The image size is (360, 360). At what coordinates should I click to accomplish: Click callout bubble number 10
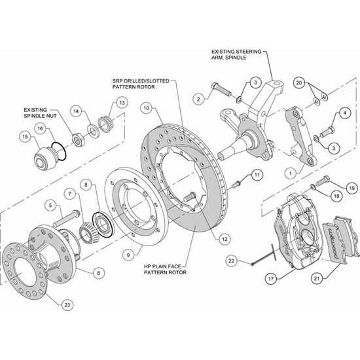[146, 107]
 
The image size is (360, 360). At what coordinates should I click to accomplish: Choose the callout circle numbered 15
[25, 137]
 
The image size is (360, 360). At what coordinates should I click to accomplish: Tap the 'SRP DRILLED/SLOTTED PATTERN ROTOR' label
[141, 83]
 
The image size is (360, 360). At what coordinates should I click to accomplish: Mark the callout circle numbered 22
[231, 261]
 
